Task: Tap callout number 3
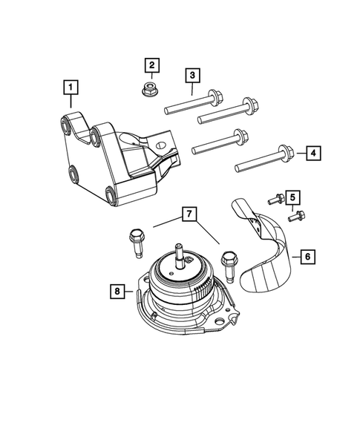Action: tap(192, 75)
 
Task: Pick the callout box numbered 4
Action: tap(314, 153)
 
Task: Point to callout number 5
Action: tap(293, 197)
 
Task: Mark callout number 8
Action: tap(117, 292)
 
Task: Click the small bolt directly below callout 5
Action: tap(295, 217)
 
